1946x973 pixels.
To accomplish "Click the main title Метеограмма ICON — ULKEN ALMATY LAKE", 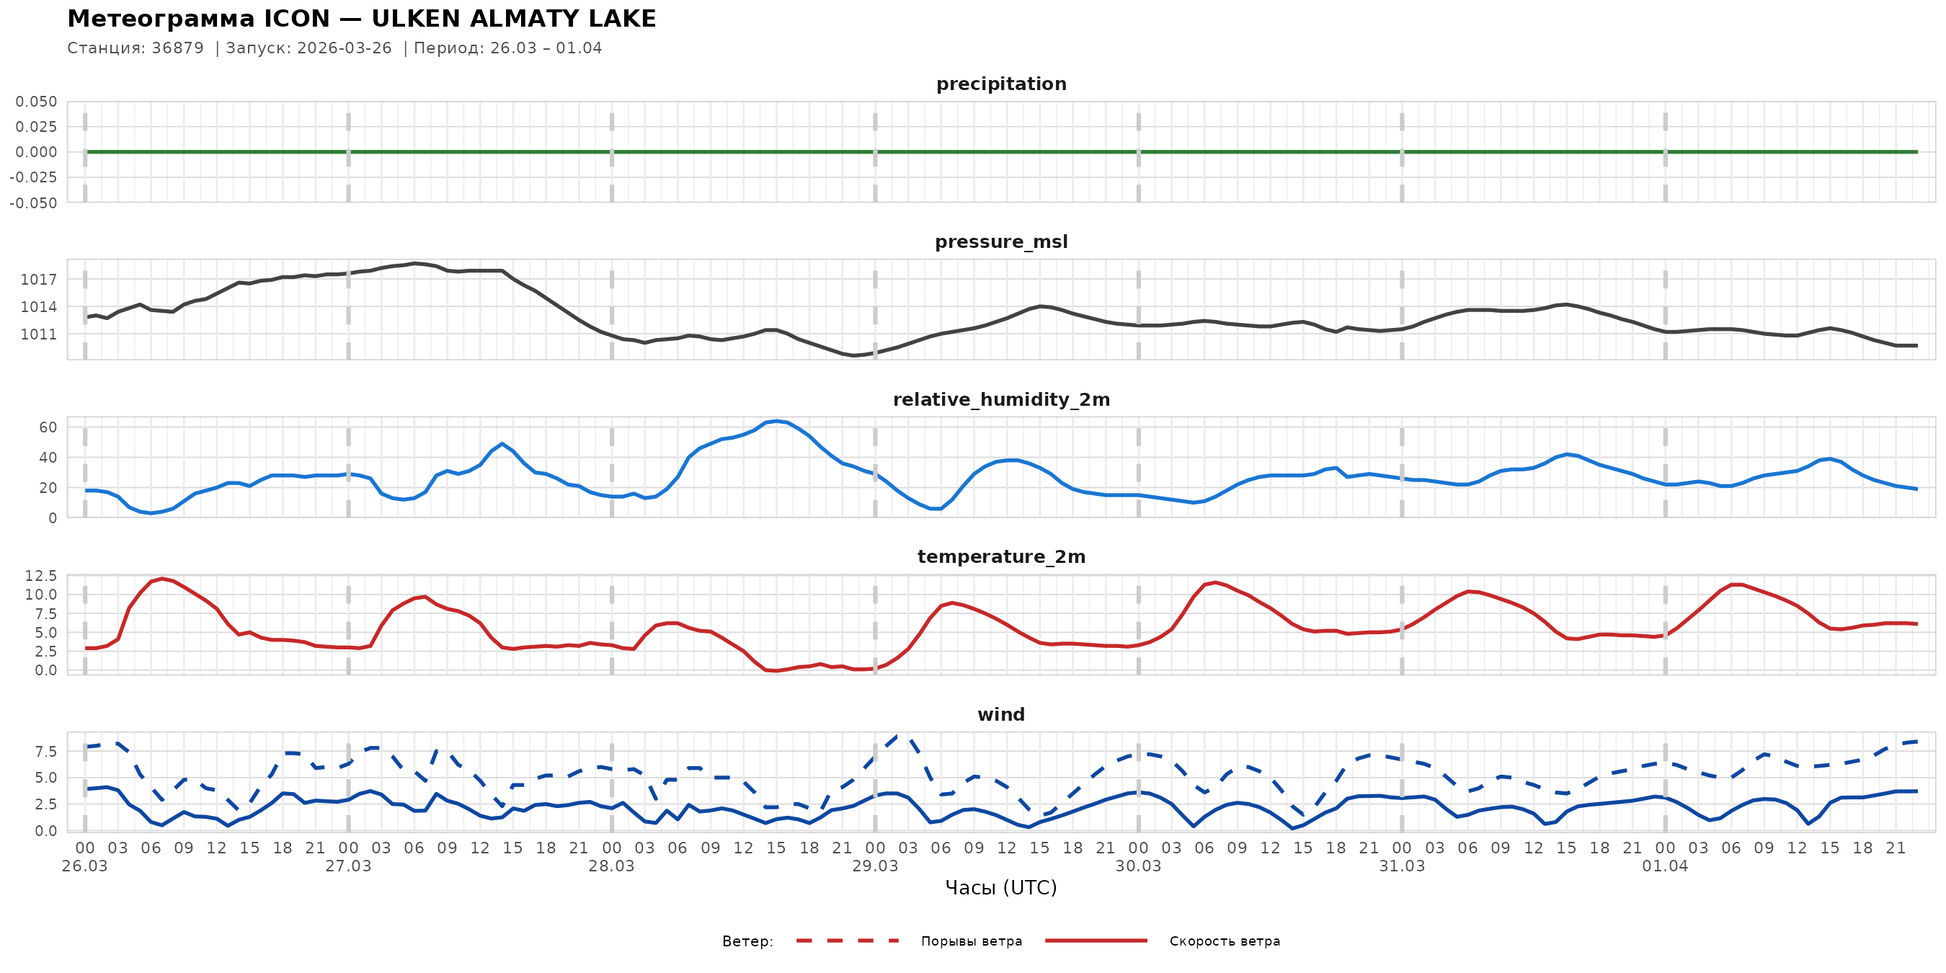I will tap(361, 19).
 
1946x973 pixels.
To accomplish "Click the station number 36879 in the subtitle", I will tap(177, 48).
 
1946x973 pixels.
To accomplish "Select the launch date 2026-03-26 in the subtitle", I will tap(345, 48).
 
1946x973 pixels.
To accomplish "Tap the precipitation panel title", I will tap(1001, 84).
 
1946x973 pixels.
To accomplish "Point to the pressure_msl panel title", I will tap(1001, 241).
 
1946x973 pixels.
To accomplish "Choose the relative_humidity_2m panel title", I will tap(1001, 399).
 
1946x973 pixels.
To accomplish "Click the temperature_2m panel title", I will tap(1001, 556).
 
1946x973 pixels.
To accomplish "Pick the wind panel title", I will tap(1001, 715).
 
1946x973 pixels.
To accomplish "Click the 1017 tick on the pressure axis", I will tap(38, 280).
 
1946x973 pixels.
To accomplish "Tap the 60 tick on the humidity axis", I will tap(48, 427).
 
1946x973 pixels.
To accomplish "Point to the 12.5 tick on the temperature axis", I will tap(41, 576).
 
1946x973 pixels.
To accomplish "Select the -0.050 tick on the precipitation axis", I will tap(33, 203).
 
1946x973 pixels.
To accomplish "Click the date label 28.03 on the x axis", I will tap(611, 866).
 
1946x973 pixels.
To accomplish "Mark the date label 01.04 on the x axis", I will tap(1665, 866).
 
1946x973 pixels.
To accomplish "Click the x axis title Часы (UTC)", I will tap(1001, 888).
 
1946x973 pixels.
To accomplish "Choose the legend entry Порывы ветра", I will tap(971, 941).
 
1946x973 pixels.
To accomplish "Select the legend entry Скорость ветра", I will tap(1224, 941).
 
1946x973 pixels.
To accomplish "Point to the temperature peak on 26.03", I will tap(161, 579).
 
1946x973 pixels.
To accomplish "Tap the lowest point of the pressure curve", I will tap(853, 355).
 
